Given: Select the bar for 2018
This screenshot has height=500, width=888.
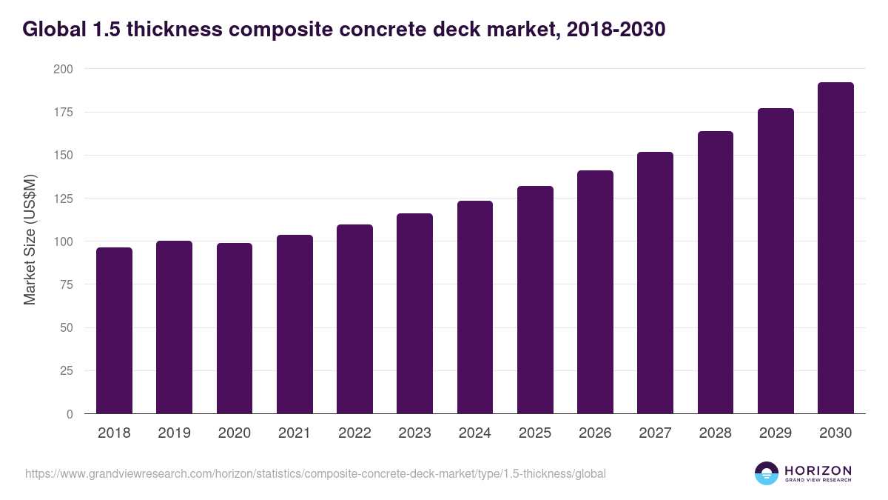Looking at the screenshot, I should pos(114,330).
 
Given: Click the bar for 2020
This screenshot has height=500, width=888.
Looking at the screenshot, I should pos(235,328).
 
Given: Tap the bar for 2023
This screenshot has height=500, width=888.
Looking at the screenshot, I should pos(414,313).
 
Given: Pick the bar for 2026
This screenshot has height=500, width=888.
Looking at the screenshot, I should pos(595,292).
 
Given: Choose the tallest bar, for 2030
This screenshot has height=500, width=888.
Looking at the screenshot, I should pos(835,248).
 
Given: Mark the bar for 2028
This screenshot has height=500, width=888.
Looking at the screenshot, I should pos(716,273).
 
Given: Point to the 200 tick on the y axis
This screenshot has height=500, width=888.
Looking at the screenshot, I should pos(64,69).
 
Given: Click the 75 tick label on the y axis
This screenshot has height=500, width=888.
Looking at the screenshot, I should pos(67,284).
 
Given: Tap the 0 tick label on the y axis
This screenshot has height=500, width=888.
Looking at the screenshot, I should pos(70,414).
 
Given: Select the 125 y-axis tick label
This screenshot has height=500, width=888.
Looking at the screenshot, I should pos(64,199).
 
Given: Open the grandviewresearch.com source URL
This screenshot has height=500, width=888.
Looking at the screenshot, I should pos(315,473).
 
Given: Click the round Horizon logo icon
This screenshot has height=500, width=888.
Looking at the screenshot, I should pos(767,473).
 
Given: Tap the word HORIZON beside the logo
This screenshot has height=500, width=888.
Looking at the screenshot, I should pos(818,470).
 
